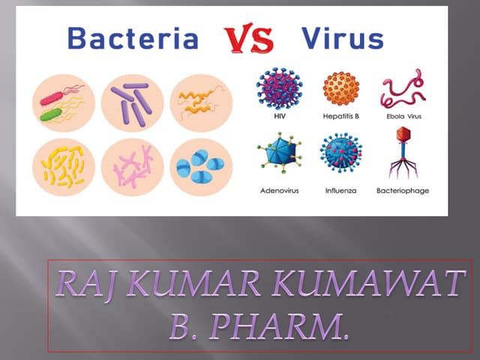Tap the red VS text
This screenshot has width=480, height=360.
[x=250, y=40]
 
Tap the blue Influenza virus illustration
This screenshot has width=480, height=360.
[x=342, y=152]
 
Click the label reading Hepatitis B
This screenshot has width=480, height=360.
[x=342, y=117]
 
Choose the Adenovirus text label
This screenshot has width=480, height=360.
[x=279, y=190]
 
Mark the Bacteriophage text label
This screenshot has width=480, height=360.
[x=403, y=190]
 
